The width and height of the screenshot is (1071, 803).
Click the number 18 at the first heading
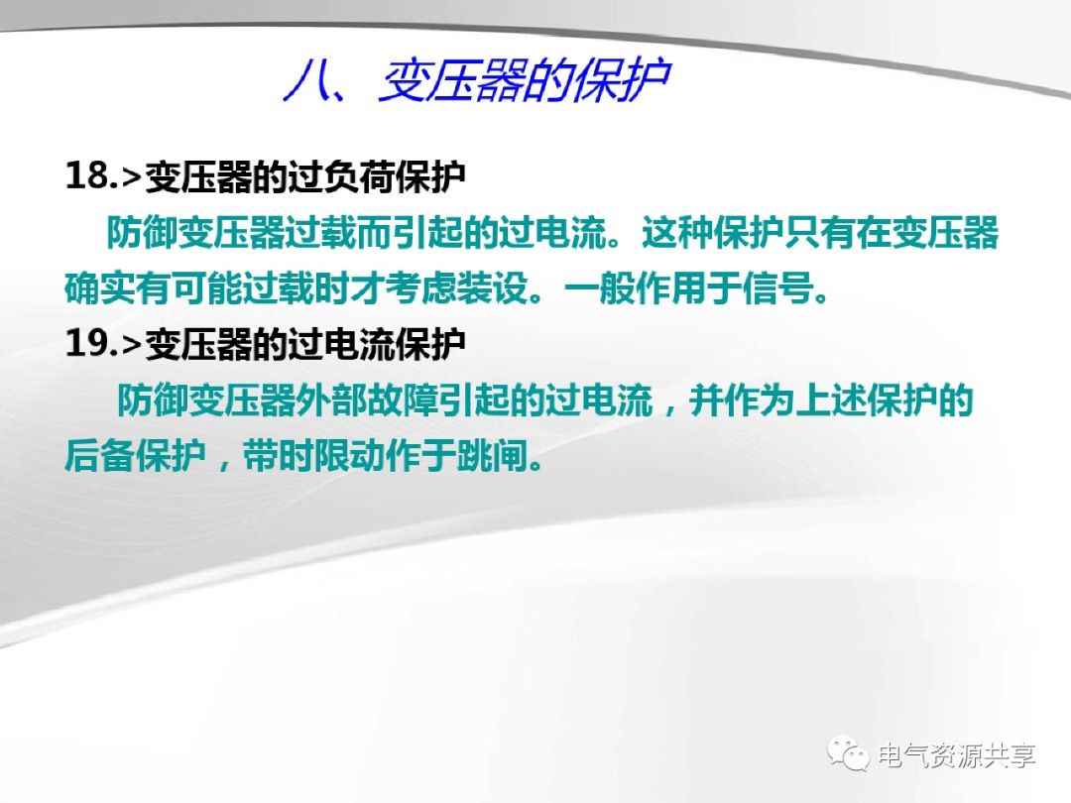click(x=86, y=175)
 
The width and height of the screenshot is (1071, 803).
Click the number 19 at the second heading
click(x=86, y=343)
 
